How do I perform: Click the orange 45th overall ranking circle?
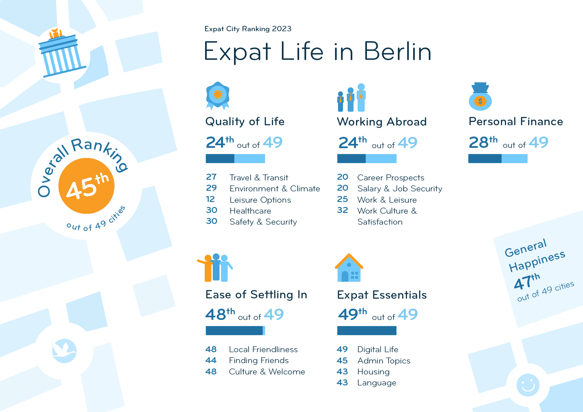86,186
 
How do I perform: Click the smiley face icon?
528,385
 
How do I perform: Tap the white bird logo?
64,351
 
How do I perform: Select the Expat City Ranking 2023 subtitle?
248,29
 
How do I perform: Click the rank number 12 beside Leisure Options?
210,199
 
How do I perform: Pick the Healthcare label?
250,211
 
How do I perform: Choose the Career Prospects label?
391,178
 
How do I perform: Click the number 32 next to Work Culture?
342,210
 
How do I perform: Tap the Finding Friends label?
259,360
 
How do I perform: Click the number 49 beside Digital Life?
342,350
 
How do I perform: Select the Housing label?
373,372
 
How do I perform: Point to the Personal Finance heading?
516,122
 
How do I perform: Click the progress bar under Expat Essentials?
367,331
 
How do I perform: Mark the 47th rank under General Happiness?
527,282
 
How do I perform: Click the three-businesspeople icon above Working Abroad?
351,98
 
